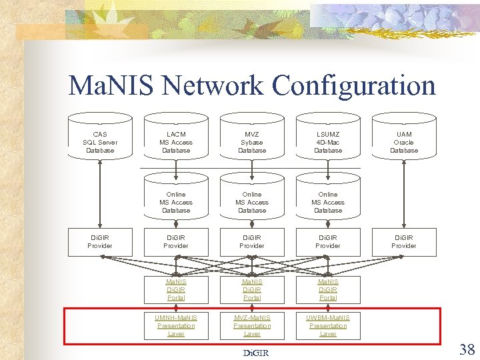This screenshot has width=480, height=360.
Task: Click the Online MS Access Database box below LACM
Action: click(176, 202)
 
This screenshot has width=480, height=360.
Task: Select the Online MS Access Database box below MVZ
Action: click(252, 202)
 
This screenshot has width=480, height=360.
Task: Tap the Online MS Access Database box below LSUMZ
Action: click(328, 202)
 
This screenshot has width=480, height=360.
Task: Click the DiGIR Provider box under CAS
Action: click(100, 241)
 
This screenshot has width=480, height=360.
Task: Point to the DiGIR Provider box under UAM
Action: click(403, 241)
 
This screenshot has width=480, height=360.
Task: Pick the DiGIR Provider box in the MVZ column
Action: click(252, 241)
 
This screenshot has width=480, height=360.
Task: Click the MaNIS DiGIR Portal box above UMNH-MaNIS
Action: click(176, 289)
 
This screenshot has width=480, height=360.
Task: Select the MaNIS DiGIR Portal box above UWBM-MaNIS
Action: click(328, 289)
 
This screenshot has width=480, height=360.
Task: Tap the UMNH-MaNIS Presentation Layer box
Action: click(176, 325)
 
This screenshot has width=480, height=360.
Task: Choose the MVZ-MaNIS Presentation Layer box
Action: click(252, 325)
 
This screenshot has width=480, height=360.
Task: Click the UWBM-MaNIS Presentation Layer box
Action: click(328, 325)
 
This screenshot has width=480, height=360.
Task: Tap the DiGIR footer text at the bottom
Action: click(255, 353)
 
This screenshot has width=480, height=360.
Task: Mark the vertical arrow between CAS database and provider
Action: click(100, 193)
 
